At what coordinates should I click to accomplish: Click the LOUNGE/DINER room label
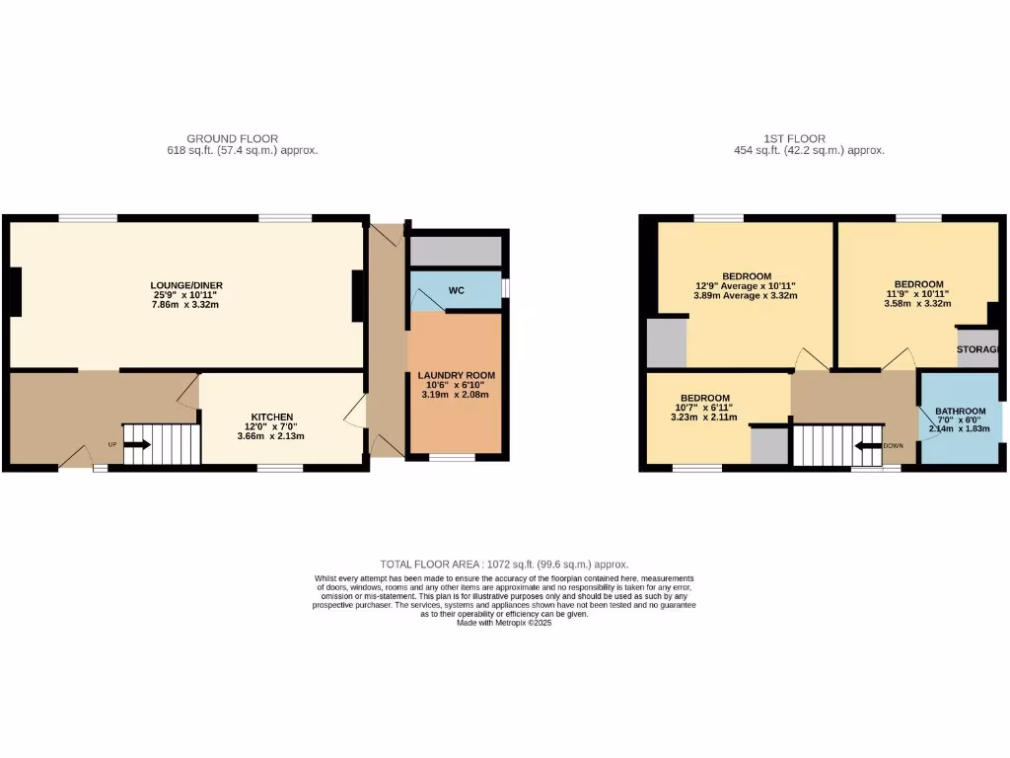click(x=186, y=285)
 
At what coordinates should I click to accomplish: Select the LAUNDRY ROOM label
click(x=456, y=375)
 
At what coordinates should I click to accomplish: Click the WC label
click(x=456, y=291)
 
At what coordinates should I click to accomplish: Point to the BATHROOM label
click(x=960, y=412)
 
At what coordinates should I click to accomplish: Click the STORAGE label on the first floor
click(x=979, y=349)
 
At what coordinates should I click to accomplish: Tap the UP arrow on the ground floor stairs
click(x=136, y=444)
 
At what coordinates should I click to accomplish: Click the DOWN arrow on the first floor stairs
click(x=868, y=445)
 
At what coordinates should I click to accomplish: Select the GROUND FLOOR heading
click(x=232, y=139)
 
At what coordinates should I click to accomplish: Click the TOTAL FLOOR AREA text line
click(x=504, y=564)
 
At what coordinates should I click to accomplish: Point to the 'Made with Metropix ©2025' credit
click(x=504, y=623)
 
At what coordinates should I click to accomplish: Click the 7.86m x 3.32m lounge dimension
click(x=186, y=305)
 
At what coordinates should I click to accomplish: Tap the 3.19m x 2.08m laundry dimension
click(x=456, y=395)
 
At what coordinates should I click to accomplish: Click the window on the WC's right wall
click(x=505, y=287)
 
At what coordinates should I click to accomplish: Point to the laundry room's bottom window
click(x=453, y=457)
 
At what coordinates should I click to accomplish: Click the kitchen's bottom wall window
click(x=279, y=468)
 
